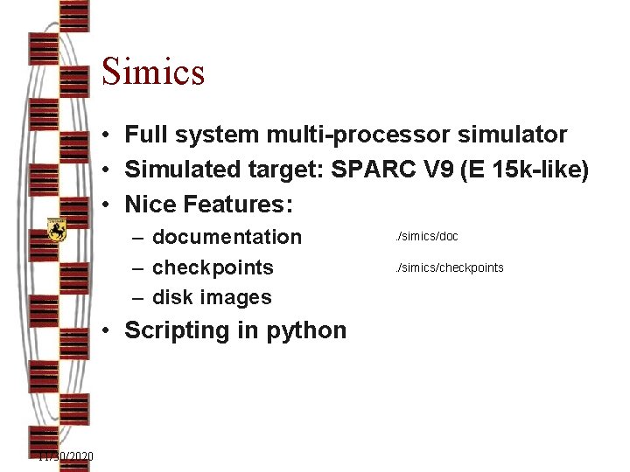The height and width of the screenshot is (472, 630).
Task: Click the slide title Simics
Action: tap(153, 71)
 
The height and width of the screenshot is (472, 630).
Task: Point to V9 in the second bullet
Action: tap(434, 170)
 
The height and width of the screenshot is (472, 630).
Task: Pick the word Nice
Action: tap(151, 205)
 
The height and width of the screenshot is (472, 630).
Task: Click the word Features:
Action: tap(239, 205)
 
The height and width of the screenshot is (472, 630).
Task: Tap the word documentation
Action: tap(227, 237)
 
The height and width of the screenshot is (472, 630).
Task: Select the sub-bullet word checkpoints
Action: tap(213, 267)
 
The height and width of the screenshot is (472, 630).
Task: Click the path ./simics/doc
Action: tap(427, 237)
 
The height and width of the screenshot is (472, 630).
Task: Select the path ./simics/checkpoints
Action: tap(450, 267)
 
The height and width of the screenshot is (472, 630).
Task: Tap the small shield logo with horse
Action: tap(57, 230)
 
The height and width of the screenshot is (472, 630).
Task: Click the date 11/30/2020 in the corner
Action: tap(66, 456)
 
